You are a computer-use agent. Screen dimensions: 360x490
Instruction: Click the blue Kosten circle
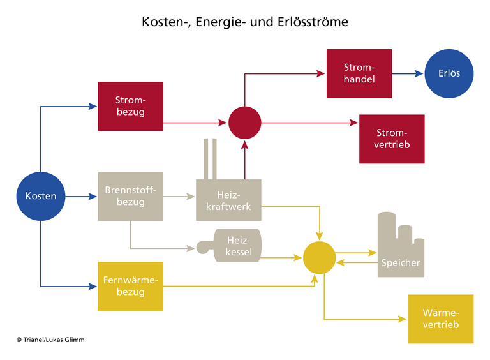tap(41, 196)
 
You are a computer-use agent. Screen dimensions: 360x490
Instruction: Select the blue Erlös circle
tap(449, 73)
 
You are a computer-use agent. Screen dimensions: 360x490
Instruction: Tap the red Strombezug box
tap(130, 106)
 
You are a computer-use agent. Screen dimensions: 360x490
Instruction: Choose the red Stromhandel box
tap(359, 73)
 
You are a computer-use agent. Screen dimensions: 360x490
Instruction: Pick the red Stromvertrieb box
tap(392, 139)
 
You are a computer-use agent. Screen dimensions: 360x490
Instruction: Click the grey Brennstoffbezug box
tap(130, 196)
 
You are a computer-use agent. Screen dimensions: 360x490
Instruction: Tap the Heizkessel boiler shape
tap(230, 245)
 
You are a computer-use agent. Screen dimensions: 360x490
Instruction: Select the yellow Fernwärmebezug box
tap(130, 286)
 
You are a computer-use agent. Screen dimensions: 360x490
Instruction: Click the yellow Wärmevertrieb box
tap(441, 319)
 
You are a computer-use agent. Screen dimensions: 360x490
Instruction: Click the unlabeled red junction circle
tap(245, 122)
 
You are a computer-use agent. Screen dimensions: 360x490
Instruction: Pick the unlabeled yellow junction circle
tap(319, 257)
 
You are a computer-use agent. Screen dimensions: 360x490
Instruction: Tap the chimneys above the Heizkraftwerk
tap(210, 158)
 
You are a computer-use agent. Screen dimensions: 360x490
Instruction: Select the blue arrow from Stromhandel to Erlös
tap(407, 73)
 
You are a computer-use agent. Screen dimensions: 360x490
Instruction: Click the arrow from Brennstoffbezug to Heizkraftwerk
tap(179, 197)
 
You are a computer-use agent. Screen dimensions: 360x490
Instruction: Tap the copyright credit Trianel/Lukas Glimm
tap(50, 340)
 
